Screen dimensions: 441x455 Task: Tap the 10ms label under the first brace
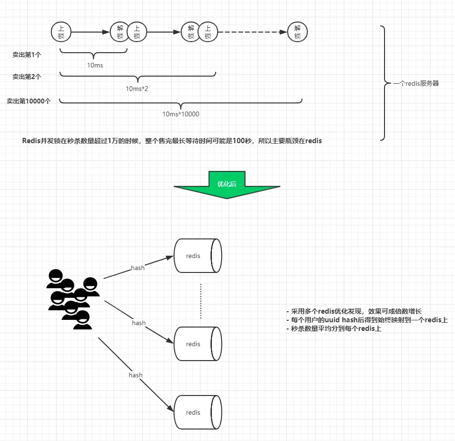[95, 65]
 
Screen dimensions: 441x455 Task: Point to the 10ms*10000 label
[181, 114]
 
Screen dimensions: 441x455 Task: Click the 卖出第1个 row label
[27, 55]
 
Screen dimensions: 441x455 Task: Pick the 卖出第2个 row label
[27, 76]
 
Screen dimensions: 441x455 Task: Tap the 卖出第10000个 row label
[29, 101]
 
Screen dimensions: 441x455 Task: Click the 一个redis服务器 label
[416, 83]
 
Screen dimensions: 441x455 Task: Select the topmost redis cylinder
[198, 256]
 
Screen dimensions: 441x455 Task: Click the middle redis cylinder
[198, 344]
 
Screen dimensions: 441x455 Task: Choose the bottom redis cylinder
[198, 412]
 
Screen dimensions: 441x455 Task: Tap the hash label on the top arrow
[138, 268]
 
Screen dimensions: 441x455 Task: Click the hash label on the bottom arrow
[136, 375]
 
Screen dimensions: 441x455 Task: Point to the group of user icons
[72, 299]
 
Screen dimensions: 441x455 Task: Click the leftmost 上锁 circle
[61, 32]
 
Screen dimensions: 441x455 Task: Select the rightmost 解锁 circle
[297, 32]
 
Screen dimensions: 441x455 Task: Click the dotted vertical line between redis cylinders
[201, 301]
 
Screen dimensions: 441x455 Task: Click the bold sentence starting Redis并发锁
[172, 141]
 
